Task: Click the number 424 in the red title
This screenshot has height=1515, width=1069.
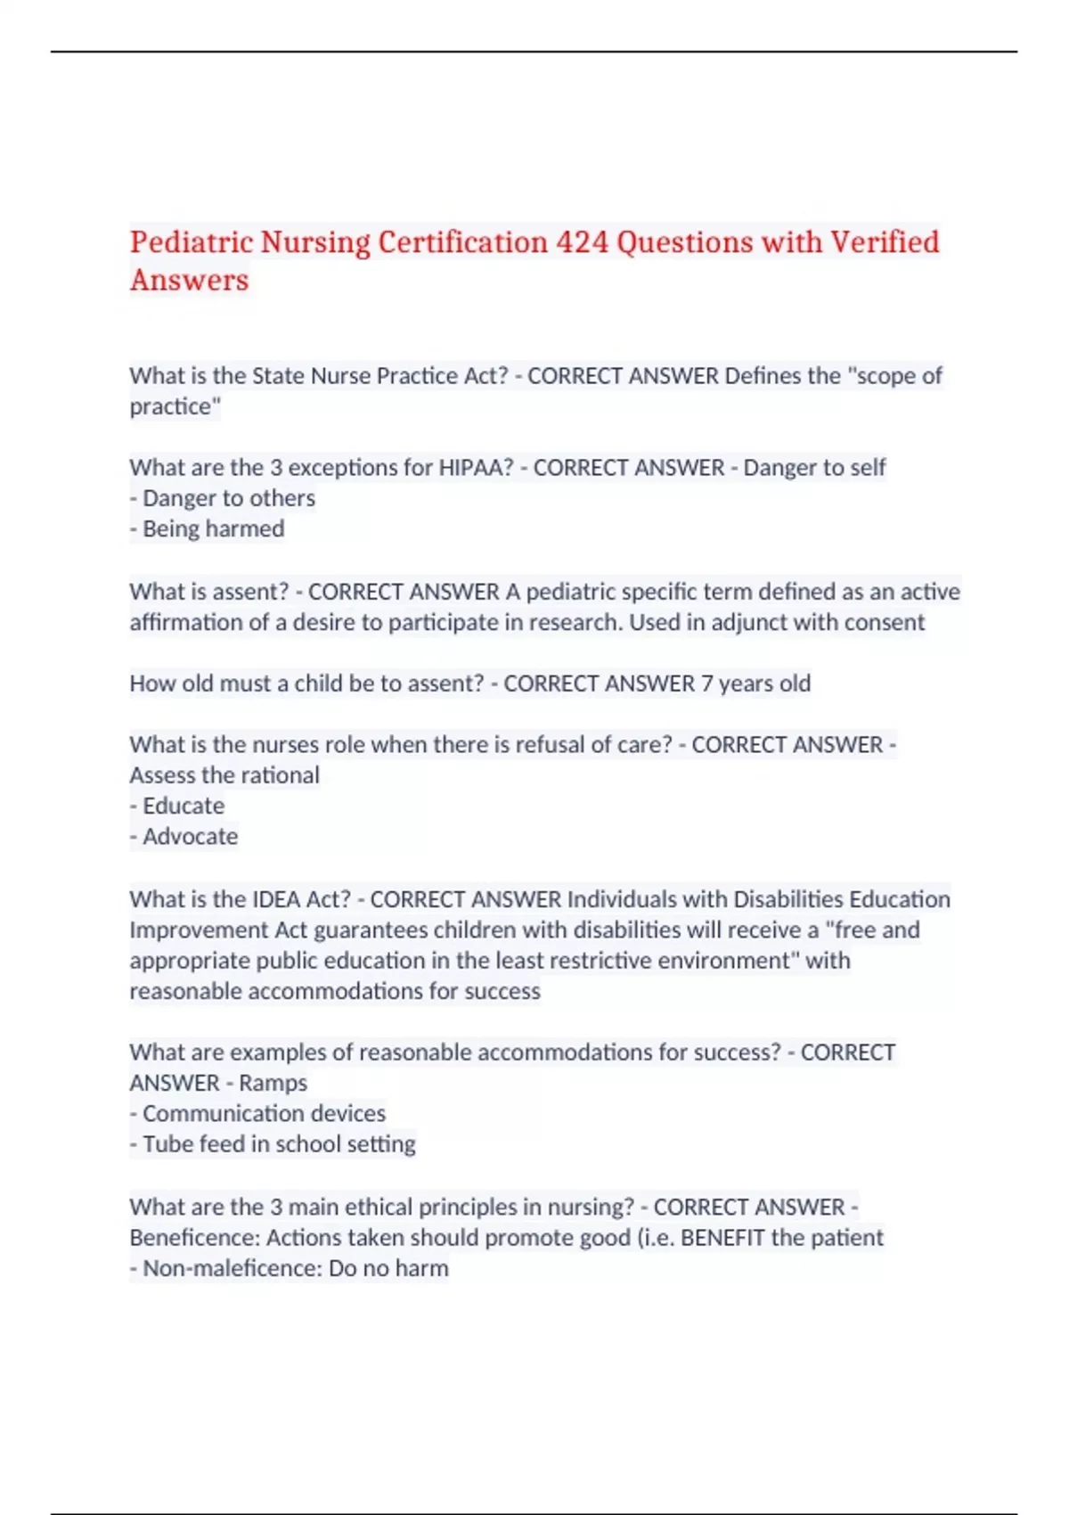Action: click(x=582, y=242)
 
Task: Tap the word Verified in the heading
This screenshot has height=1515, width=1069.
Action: click(x=885, y=242)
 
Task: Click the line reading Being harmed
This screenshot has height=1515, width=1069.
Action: click(x=213, y=528)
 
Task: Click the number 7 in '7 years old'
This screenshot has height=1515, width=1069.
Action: click(x=706, y=684)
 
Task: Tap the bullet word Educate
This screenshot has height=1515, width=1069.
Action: click(x=184, y=806)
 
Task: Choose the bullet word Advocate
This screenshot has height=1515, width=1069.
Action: click(x=190, y=837)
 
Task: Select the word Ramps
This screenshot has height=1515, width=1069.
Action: click(x=273, y=1083)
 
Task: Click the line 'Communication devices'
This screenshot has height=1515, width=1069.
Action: click(x=264, y=1114)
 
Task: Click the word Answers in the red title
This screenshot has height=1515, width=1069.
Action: click(x=189, y=280)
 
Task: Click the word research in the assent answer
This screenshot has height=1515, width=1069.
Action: click(x=577, y=622)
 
